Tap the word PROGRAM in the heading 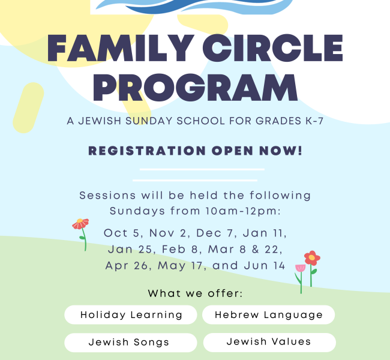coord(195,88)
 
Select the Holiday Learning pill coord(131,314)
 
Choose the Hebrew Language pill coord(268,314)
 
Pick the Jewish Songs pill coord(131,343)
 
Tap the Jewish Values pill coord(269,342)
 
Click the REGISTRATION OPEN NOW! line coord(195,151)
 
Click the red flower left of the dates coord(80,224)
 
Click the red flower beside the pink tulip coord(311,259)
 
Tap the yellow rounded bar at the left coord(28,108)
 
